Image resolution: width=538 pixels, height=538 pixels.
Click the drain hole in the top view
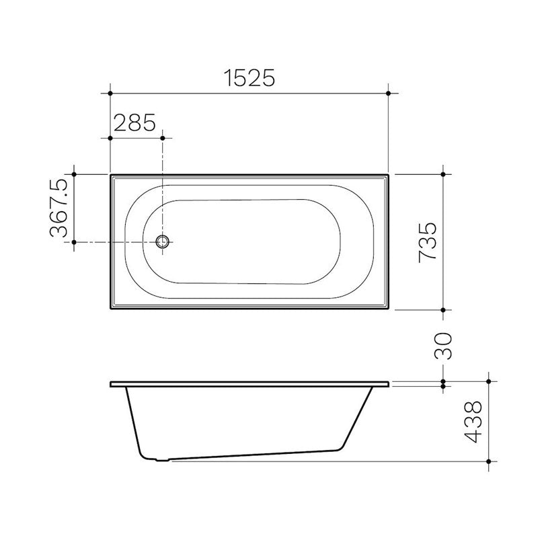click(163, 242)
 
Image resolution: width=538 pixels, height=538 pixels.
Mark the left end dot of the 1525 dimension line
click(110, 92)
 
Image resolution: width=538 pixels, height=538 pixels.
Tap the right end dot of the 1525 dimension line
click(389, 92)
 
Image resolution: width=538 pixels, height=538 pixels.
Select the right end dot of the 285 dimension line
click(163, 137)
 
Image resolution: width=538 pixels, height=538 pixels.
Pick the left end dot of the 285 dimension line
click(110, 137)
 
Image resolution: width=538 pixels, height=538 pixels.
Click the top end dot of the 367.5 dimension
click(75, 174)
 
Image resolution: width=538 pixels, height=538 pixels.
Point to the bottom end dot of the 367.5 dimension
click(75, 242)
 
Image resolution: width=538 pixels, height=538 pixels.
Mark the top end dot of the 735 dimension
click(443, 174)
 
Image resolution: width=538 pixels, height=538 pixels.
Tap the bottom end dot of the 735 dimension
click(443, 310)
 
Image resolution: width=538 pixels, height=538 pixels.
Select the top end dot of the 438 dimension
click(490, 381)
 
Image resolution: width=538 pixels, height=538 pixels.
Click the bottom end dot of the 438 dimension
click(490, 462)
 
